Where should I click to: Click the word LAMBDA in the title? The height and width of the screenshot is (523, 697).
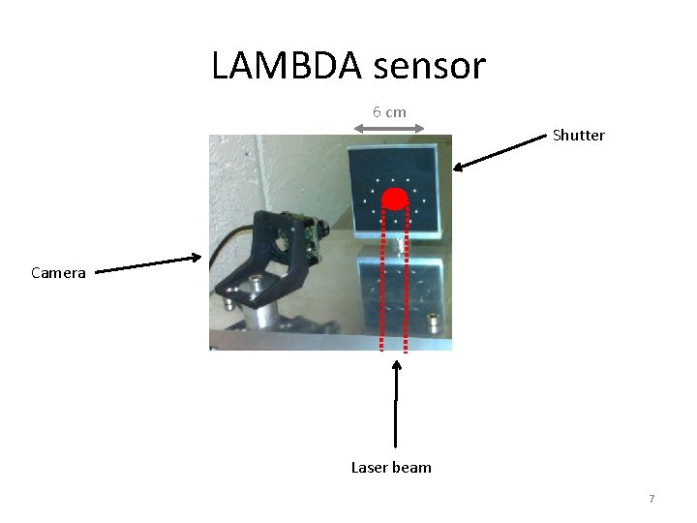pos(282,66)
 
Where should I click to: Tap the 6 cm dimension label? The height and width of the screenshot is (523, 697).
pos(389,111)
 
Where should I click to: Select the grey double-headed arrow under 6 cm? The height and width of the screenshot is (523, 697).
pos(389,127)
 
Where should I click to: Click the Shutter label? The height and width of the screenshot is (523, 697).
pos(578,136)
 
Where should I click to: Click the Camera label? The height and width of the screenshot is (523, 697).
pos(58,273)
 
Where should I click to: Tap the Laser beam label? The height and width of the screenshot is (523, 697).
pos(391,468)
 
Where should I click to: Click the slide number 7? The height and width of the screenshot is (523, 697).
pos(652,499)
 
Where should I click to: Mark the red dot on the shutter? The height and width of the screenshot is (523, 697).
pos(395,200)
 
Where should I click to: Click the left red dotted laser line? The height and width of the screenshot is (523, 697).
pos(383,281)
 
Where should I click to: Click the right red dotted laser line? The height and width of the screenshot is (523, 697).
pos(406,281)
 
